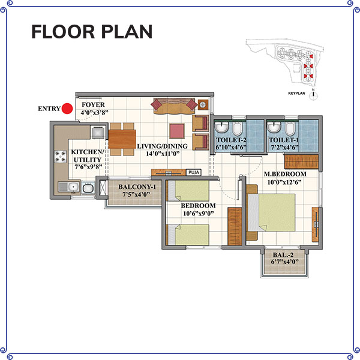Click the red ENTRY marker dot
coord(67,109)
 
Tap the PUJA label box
coord(194,172)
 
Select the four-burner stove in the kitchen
coord(61,157)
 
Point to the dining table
coord(122,139)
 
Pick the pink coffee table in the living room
coord(177,131)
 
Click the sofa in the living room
coord(174,106)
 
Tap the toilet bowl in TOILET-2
coord(238,128)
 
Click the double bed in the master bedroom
coord(272,212)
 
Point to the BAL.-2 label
coord(283,255)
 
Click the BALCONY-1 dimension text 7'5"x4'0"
coord(136,194)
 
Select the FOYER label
coord(93,104)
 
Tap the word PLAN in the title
coord(127,32)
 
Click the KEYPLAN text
coord(296,94)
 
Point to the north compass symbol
coord(313,95)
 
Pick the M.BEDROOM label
coord(285,174)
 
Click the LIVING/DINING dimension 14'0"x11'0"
coord(163,154)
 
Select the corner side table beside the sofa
coord(203,104)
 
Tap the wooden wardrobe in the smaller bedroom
coord(235,226)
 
